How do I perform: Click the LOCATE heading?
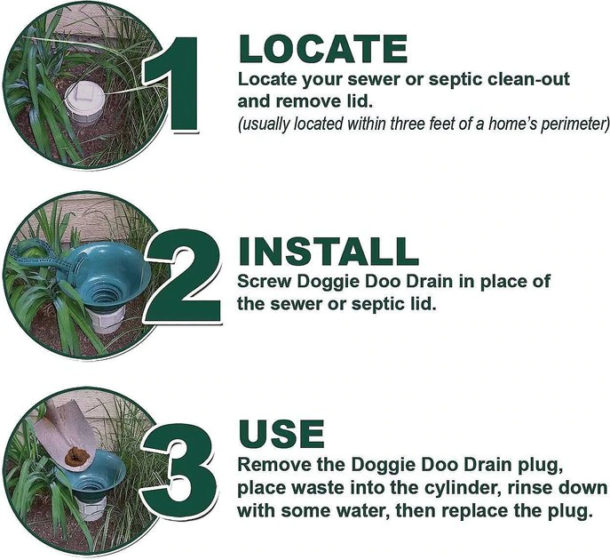coord(323,49)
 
